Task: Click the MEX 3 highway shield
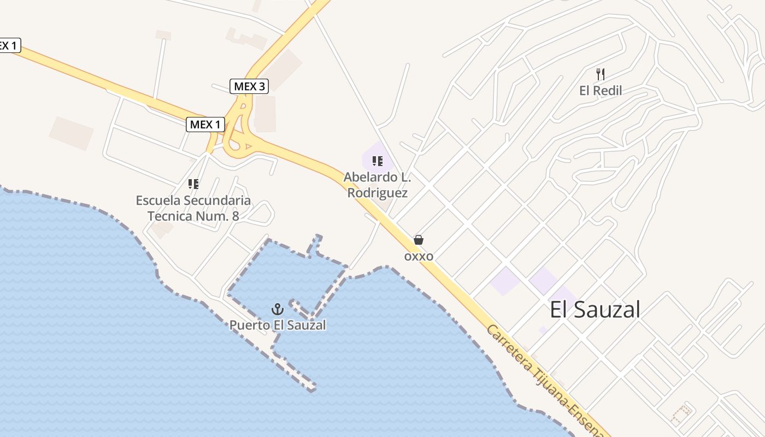[249, 86]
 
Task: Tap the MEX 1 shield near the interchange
[205, 125]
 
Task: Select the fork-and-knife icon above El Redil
[601, 74]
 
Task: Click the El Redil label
[601, 91]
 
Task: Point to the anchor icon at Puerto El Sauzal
[278, 310]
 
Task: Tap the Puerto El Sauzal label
[278, 326]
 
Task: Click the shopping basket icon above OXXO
[419, 240]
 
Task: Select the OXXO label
[419, 256]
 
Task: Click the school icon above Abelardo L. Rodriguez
[377, 161]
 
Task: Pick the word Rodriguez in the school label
[378, 193]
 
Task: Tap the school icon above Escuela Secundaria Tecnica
[193, 184]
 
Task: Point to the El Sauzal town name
[595, 310]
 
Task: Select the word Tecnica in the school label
[170, 216]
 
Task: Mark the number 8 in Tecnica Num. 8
[236, 216]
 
